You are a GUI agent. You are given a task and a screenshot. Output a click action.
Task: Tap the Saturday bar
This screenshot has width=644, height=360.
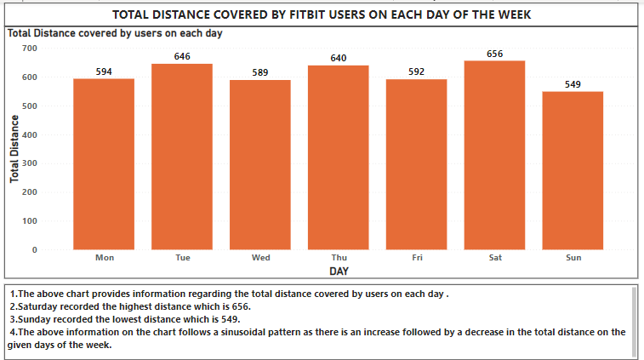click(495, 154)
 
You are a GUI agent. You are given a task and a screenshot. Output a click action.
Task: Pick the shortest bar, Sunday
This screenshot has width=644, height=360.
click(573, 169)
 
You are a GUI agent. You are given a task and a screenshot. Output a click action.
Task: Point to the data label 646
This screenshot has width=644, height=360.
click(182, 56)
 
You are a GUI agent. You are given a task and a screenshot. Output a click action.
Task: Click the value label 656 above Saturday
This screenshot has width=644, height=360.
click(495, 54)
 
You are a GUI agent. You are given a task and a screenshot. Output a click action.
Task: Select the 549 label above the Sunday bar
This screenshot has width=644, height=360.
click(573, 84)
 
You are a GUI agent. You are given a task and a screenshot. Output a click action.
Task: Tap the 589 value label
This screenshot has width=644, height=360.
click(260, 72)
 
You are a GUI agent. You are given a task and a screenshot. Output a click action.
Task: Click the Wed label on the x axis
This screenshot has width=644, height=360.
click(260, 257)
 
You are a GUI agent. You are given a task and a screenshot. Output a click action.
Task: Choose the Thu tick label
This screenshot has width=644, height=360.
click(339, 257)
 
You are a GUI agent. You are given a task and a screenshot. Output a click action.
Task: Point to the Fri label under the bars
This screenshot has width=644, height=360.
click(417, 257)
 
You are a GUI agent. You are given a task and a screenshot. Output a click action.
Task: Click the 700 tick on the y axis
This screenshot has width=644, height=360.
click(30, 49)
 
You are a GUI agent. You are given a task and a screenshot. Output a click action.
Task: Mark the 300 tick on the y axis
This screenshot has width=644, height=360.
click(30, 163)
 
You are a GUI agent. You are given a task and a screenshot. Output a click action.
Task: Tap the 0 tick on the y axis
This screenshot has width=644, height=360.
click(34, 250)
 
